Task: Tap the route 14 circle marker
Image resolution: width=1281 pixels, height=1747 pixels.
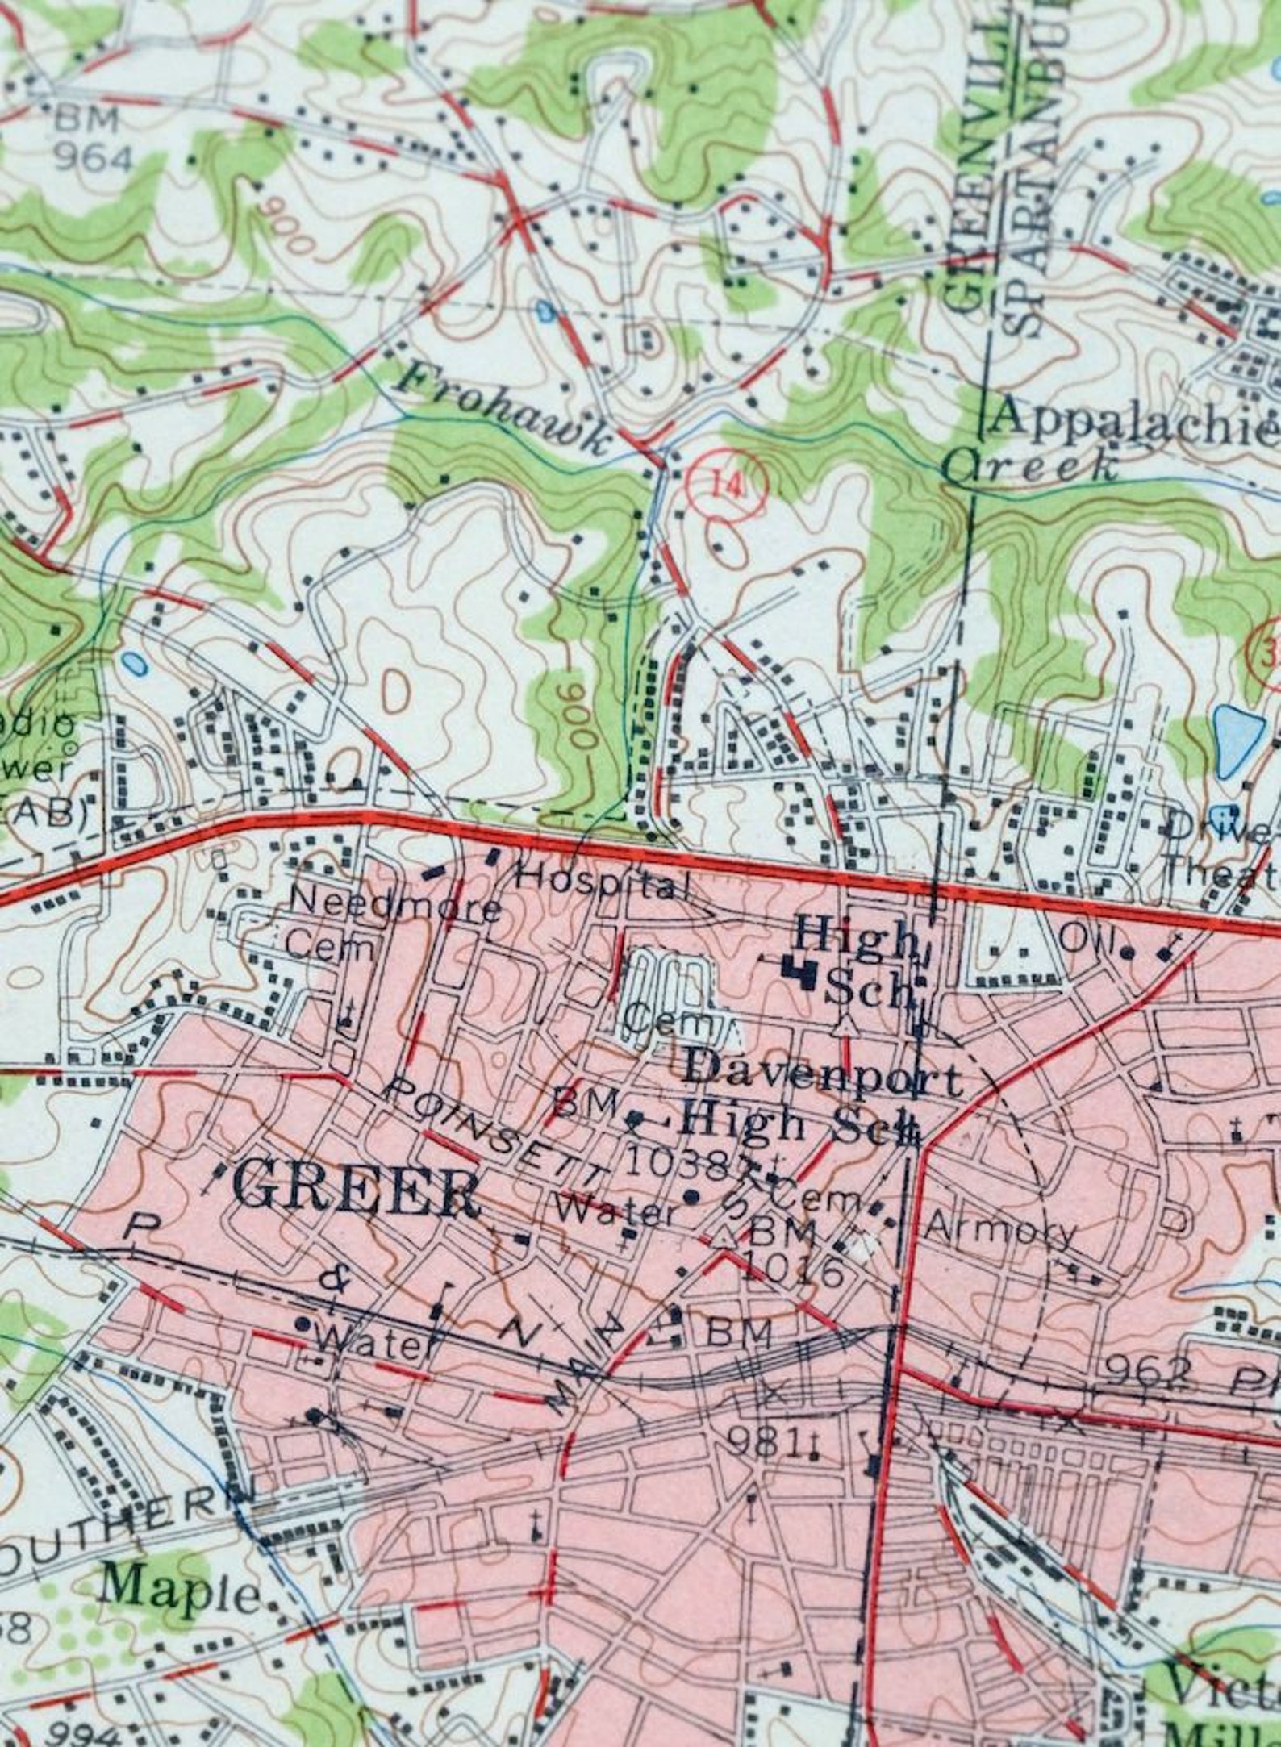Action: point(726,485)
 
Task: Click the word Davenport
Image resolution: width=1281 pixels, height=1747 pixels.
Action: point(823,1077)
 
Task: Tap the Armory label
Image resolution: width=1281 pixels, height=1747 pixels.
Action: point(1000,1230)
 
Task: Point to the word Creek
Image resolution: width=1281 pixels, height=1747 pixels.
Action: point(1033,466)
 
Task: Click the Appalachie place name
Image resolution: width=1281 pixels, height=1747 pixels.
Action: point(1133,421)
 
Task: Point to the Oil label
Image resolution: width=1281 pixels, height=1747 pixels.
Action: point(1081,939)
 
